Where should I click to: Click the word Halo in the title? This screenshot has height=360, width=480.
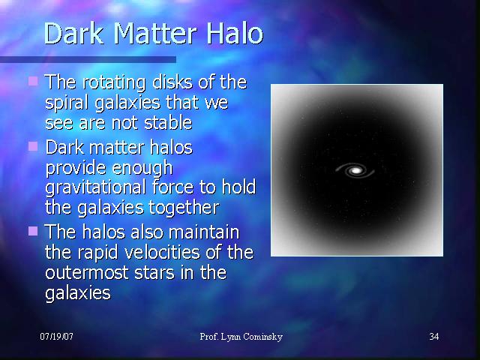(x=235, y=33)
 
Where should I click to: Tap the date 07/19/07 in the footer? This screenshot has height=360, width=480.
(x=57, y=337)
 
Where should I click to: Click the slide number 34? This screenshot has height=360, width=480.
(x=434, y=337)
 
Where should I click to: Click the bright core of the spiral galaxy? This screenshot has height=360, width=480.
(x=355, y=170)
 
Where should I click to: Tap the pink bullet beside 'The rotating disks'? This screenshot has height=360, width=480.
(x=33, y=82)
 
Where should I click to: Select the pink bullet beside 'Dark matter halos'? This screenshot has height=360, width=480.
(x=33, y=146)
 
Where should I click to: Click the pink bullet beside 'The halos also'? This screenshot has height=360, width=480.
(x=33, y=231)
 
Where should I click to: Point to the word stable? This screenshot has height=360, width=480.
(x=168, y=122)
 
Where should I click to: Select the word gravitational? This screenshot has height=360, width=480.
(x=95, y=187)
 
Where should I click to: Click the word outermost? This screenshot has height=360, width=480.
(x=87, y=273)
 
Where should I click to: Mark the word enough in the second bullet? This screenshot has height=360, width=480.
(x=142, y=168)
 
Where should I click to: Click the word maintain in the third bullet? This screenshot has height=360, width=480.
(x=204, y=232)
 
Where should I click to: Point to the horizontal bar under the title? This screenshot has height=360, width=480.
(x=88, y=59)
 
